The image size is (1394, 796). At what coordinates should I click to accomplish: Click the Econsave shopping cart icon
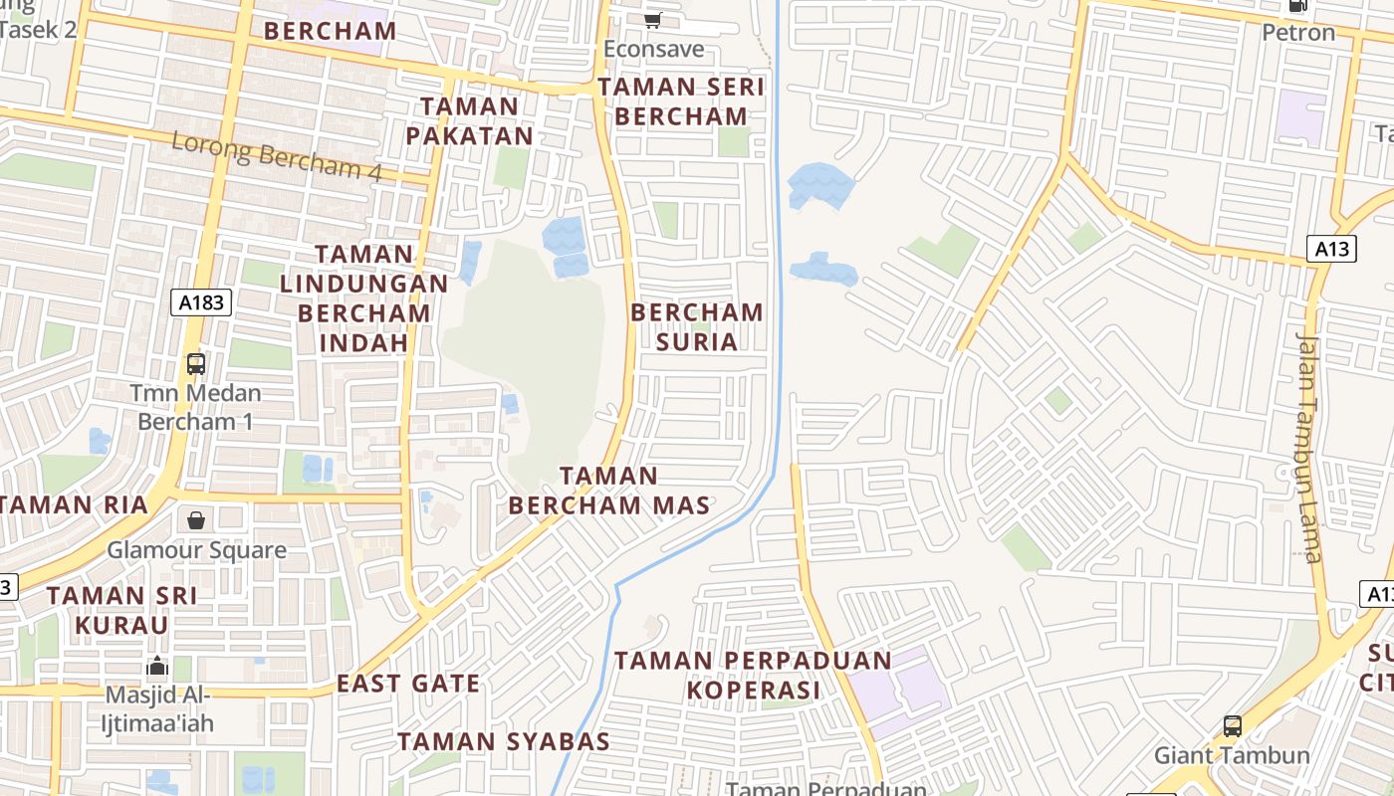653,19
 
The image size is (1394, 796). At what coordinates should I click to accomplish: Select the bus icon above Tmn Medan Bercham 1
196,363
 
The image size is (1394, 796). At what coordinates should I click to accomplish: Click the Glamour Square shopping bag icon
196,520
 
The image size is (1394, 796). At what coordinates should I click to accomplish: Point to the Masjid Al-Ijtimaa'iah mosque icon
156,666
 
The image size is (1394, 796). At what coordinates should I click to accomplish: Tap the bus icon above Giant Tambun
1232,726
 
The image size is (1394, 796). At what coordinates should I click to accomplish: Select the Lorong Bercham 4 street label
277,156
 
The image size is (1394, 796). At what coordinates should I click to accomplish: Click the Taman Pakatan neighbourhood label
469,120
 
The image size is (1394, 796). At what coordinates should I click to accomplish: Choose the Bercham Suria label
697,326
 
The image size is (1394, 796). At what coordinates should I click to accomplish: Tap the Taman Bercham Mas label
609,491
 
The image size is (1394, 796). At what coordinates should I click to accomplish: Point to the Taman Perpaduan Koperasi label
753,675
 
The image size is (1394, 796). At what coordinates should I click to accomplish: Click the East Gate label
408,684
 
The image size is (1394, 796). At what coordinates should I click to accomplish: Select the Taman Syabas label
504,741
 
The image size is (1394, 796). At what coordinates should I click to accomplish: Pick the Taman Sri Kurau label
121,610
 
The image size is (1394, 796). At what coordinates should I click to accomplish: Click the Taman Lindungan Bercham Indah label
363,298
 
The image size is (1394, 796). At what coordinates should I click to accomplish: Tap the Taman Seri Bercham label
681,101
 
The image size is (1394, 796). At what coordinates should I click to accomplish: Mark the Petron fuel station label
1298,33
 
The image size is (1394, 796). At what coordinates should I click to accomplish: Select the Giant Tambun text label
1232,755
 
